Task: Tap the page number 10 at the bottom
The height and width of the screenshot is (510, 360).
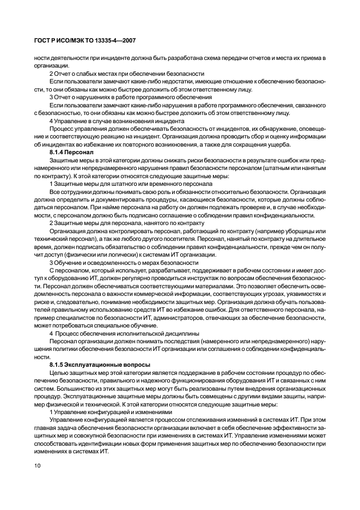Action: tap(38, 466)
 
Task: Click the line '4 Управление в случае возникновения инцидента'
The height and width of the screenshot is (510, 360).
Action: tap(118, 120)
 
